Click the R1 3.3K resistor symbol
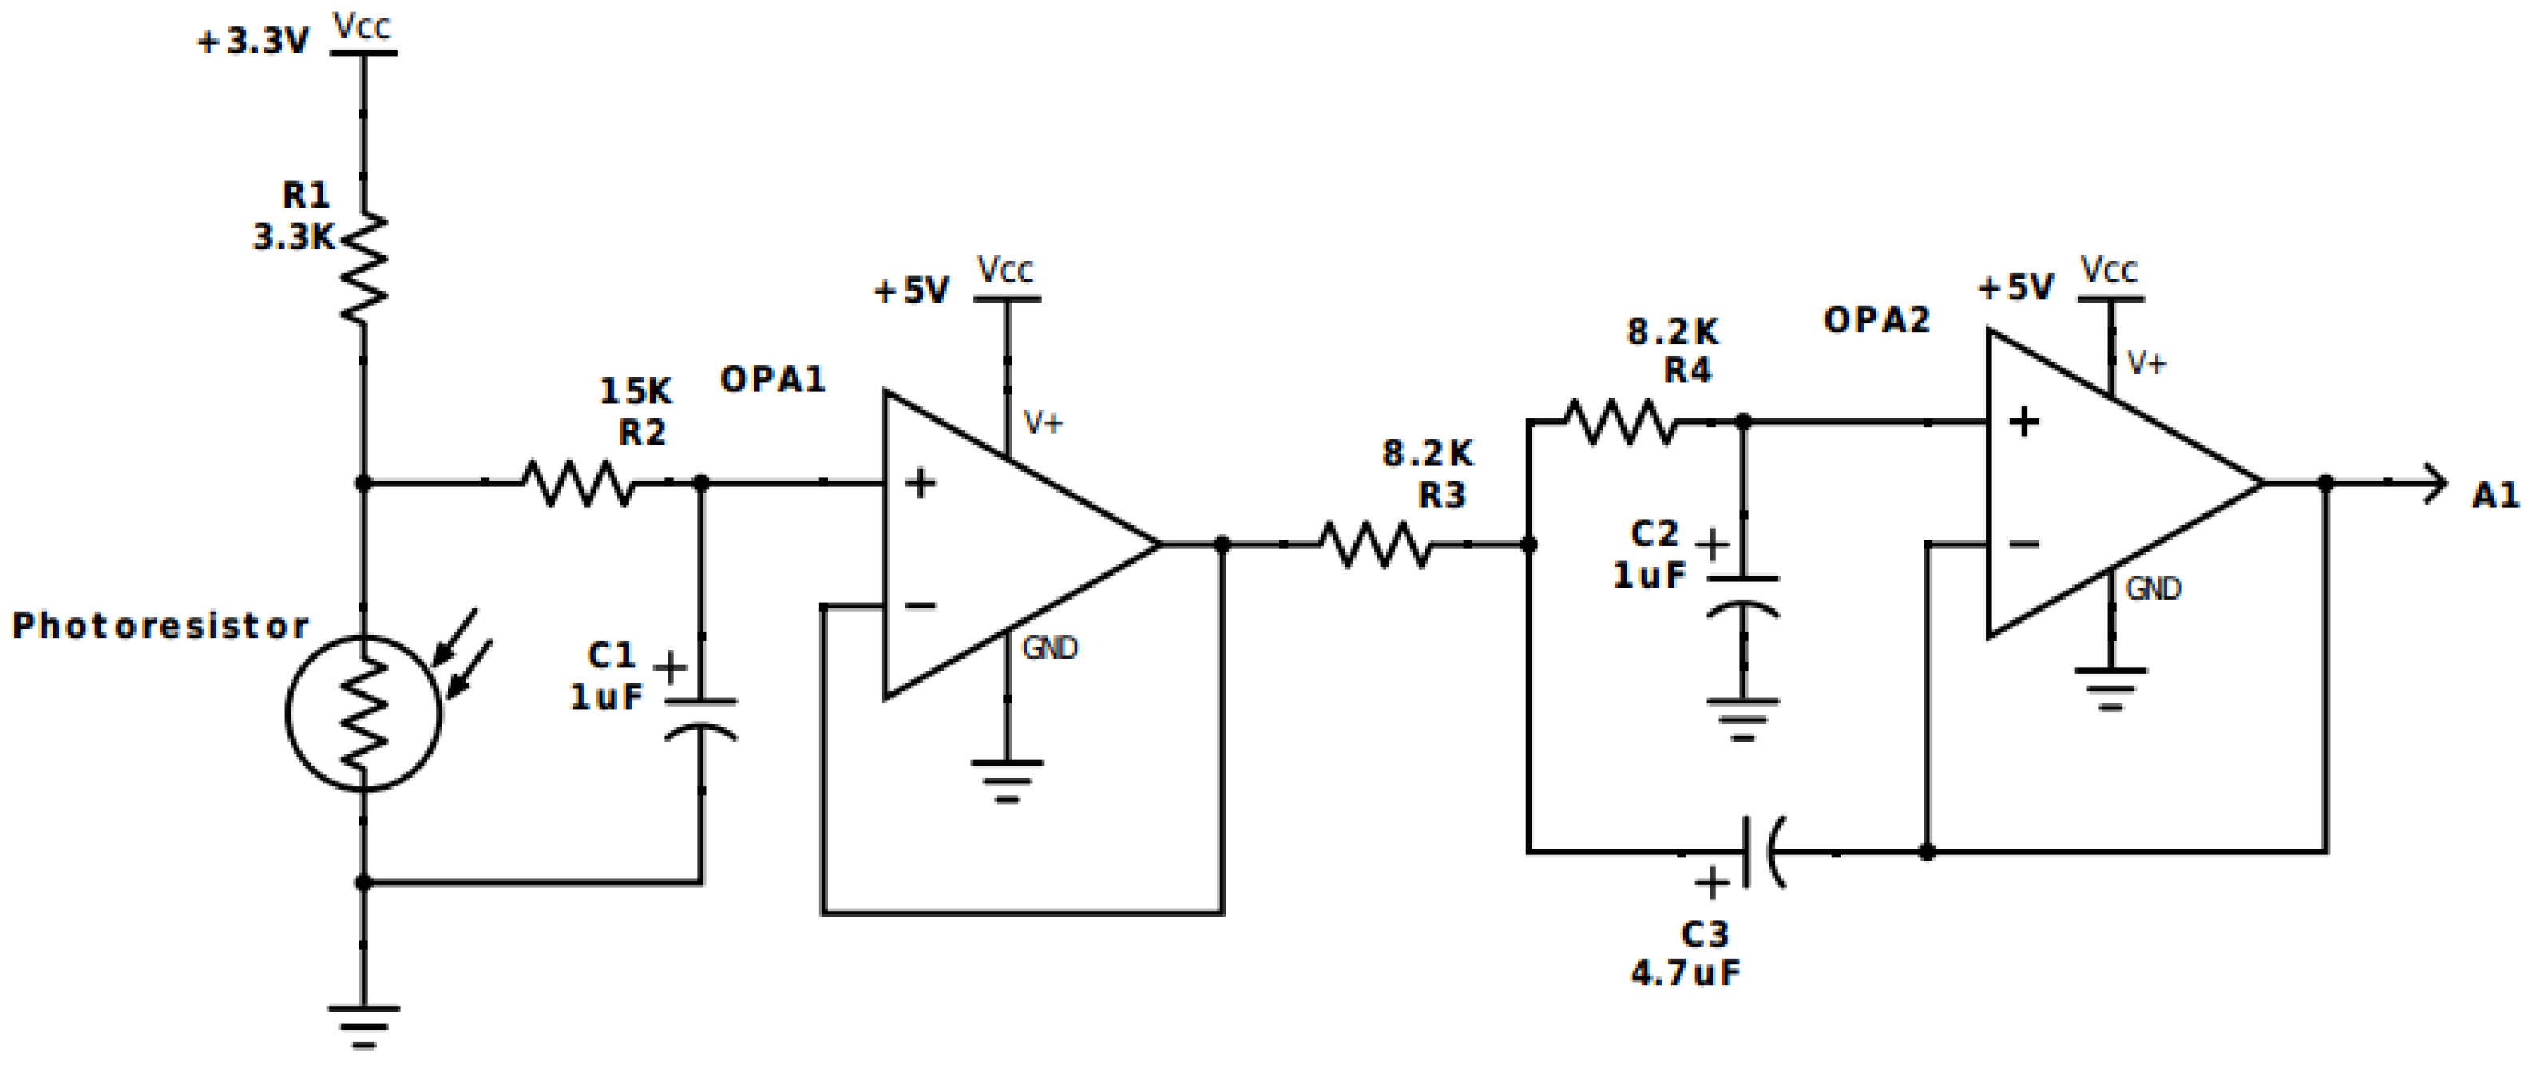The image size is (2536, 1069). (363, 267)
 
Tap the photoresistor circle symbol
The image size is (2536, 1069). (363, 714)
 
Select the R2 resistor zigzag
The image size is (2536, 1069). (578, 483)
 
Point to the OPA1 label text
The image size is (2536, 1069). (773, 379)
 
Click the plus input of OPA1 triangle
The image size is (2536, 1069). (920, 483)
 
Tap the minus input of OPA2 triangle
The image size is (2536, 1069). (2023, 544)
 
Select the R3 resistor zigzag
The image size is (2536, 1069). (1374, 544)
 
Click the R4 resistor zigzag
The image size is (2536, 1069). (1619, 422)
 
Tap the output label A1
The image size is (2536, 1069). (2494, 494)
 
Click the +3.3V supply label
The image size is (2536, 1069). (253, 42)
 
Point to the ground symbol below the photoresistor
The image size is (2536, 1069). (363, 1023)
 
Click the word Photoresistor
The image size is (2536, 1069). (160, 625)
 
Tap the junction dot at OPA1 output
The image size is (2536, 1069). (1222, 544)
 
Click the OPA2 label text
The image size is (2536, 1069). (1876, 320)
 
